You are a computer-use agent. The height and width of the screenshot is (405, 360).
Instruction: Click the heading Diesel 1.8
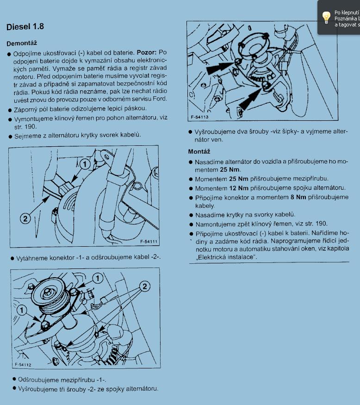click(25, 26)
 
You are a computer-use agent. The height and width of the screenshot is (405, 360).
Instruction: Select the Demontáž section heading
click(22, 44)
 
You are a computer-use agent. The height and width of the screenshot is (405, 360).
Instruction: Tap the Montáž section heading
click(199, 151)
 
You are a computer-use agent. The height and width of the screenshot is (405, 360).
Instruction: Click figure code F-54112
click(23, 365)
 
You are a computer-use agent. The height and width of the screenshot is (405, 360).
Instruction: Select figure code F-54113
click(199, 118)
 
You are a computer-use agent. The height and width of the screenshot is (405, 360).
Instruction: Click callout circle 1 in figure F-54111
click(84, 164)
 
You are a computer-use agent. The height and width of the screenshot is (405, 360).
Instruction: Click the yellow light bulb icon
click(326, 17)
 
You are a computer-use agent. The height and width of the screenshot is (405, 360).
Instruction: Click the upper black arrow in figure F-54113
click(218, 68)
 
